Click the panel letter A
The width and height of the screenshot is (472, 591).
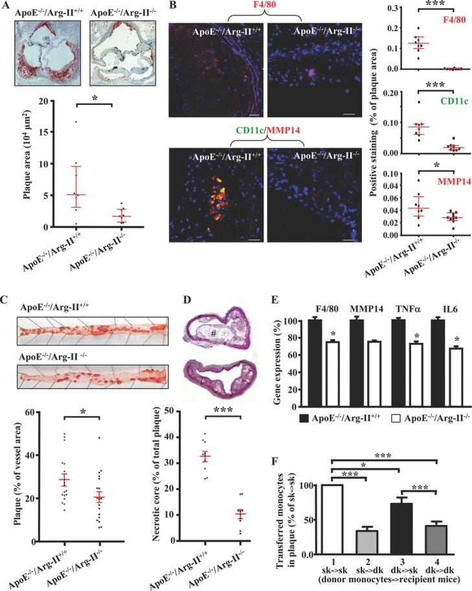pyautogui.click(x=5, y=6)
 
